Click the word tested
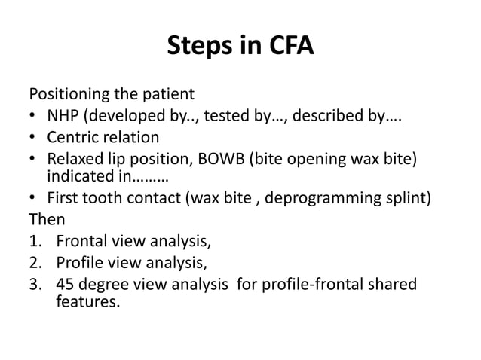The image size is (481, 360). (x=225, y=116)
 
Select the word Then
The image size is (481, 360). (x=47, y=220)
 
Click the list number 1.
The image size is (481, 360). (x=34, y=242)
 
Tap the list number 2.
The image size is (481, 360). (x=34, y=263)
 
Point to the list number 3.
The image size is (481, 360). (x=34, y=285)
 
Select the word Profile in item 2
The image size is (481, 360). (x=79, y=263)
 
